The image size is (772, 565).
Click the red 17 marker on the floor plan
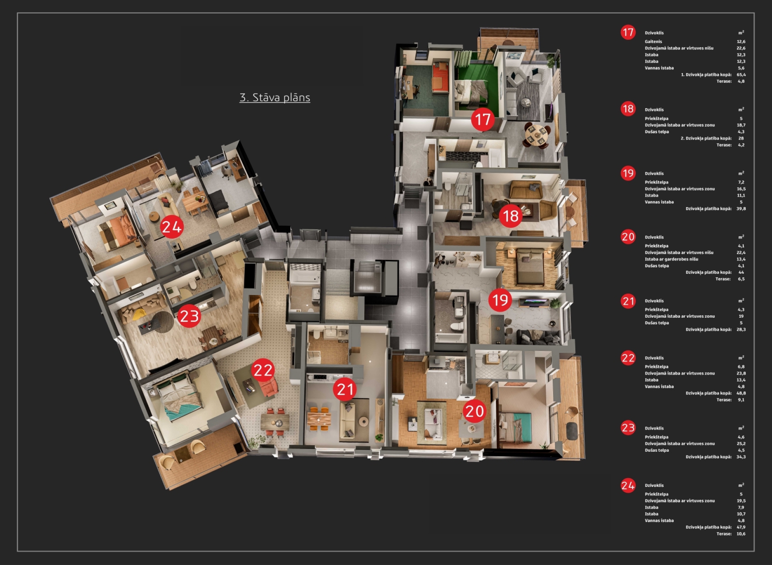coord(482,119)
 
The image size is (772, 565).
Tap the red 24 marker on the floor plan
coord(172,227)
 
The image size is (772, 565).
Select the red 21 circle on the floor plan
coord(345,389)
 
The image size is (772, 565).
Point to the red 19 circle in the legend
coord(628,173)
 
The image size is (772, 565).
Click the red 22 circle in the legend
coord(628,357)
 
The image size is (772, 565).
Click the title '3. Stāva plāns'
coord(275,97)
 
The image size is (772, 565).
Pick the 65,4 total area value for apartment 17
coord(741,75)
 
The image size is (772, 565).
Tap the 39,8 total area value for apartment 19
coord(741,209)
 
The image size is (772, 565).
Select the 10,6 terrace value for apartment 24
coord(741,534)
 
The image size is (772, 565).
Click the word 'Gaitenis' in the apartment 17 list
coord(653,41)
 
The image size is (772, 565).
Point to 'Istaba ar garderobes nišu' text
coord(671,259)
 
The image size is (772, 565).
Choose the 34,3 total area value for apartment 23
coord(741,457)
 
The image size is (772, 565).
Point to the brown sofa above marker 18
coord(526,189)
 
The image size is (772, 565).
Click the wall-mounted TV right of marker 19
coord(533,301)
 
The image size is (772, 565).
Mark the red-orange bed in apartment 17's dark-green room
coord(440,77)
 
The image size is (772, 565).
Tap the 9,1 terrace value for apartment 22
coord(741,400)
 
